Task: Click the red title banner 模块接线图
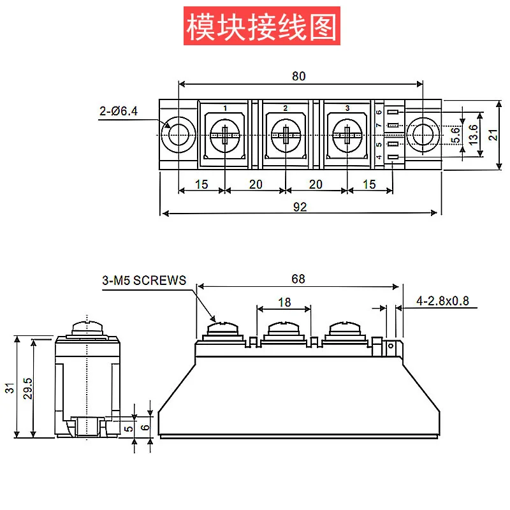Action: coord(261,26)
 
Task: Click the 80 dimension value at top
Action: coord(298,76)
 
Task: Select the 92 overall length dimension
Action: coord(299,206)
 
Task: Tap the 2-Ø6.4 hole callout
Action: coord(118,112)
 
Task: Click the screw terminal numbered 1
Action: coord(225,135)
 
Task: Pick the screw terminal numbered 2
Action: coord(285,135)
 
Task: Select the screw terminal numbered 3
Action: coord(347,135)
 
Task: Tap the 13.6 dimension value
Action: coord(472,135)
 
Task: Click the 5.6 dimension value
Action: coord(455,135)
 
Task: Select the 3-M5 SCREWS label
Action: coord(143,280)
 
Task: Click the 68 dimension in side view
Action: coord(298,279)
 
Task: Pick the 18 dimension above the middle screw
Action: coord(284,302)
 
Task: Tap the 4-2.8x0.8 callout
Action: coord(442,300)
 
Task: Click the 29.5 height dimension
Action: coord(27,388)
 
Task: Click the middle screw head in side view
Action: coord(284,329)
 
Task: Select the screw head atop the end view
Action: coord(87,326)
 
